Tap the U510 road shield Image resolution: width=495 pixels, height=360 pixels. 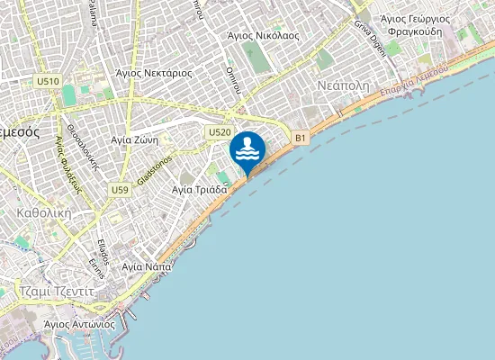coord(49,81)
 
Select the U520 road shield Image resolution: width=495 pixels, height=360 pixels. coord(219,132)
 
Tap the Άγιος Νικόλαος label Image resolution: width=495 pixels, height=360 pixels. coord(263,35)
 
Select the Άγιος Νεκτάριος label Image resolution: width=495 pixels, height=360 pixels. coord(154,72)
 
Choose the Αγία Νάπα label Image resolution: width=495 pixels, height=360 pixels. coord(146,267)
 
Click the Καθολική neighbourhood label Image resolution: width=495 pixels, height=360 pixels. coord(43,214)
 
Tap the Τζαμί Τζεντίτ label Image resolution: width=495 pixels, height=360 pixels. coord(56,291)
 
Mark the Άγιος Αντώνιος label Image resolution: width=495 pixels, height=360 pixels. coord(79,322)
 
